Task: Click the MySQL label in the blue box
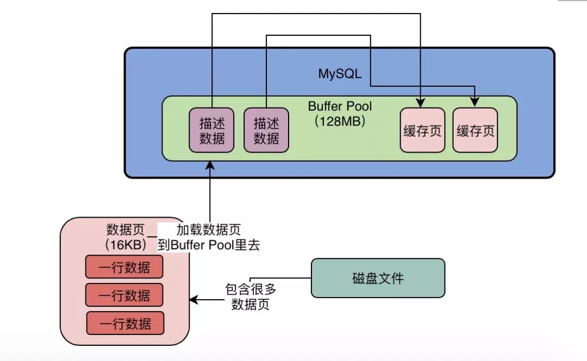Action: click(340, 74)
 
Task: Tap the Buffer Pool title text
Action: click(340, 106)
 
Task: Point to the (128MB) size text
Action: click(340, 121)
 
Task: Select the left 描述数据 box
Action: click(211, 130)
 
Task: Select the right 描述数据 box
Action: click(266, 130)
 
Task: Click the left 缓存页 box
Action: click(422, 130)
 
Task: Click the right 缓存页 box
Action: click(475, 130)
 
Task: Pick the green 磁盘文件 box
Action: click(378, 278)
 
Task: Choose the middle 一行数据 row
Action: click(124, 295)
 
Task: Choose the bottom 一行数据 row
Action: click(125, 324)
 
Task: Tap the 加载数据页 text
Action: click(208, 230)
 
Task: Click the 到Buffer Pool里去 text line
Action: click(209, 245)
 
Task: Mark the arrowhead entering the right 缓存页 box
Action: click(475, 103)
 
